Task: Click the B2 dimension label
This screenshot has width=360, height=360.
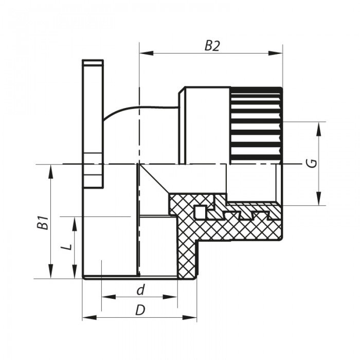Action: tap(212, 46)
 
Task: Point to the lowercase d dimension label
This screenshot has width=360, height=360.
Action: tap(139, 291)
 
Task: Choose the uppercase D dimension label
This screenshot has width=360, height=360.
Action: tap(139, 310)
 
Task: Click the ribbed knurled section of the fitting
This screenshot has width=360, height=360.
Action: tap(256, 124)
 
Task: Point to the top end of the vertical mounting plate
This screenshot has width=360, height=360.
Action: tap(93, 63)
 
